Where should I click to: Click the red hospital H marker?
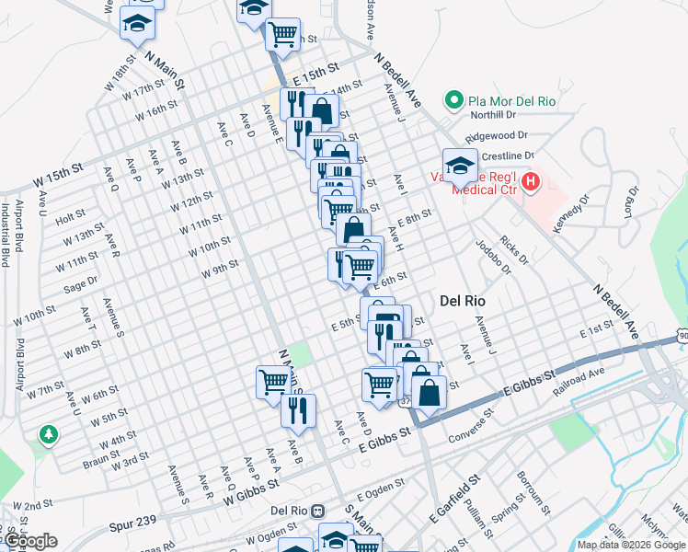point(531,182)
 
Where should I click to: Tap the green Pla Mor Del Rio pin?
point(453,99)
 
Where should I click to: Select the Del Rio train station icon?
point(317,512)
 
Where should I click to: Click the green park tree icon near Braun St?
point(45,433)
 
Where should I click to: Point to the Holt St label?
point(70,219)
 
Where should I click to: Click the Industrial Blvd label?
point(6,236)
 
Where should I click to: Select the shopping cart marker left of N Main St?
point(273,381)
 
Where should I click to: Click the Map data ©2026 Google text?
point(632,545)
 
